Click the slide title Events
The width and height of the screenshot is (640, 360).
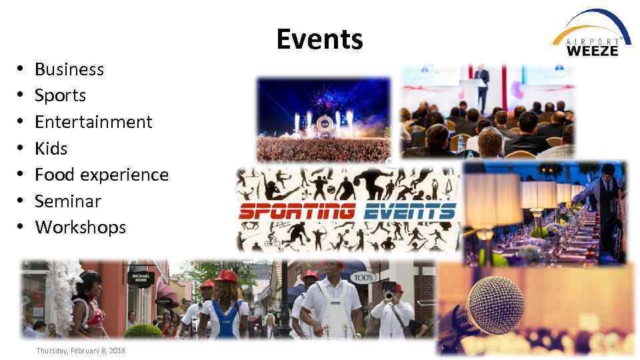click(319, 39)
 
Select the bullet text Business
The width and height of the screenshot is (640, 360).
click(69, 69)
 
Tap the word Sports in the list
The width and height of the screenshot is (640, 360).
click(60, 95)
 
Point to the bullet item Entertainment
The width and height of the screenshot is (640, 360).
click(93, 122)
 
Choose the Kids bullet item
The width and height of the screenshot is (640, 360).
click(51, 148)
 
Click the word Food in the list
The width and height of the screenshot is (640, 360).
click(55, 175)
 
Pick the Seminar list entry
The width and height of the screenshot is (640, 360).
click(67, 201)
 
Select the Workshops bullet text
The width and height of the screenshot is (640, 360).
click(80, 227)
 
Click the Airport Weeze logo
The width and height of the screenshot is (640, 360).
click(591, 33)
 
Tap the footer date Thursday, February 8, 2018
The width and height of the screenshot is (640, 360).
click(81, 351)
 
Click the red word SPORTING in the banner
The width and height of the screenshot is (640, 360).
click(297, 213)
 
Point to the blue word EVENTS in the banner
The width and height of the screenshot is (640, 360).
click(409, 213)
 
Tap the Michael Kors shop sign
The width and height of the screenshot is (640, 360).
click(141, 277)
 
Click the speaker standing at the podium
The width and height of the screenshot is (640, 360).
click(482, 83)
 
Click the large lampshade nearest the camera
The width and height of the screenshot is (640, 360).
click(493, 200)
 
